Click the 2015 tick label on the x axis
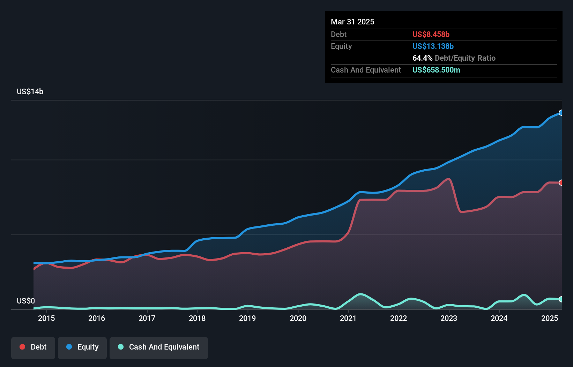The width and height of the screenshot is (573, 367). [46, 318]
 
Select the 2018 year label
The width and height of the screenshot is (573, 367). [197, 318]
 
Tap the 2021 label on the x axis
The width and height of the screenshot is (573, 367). [348, 318]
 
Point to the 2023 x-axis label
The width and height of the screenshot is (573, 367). [449, 318]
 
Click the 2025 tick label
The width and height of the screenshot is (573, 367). [550, 318]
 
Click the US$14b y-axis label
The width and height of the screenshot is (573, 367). [30, 91]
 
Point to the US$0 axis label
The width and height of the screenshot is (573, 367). [26, 301]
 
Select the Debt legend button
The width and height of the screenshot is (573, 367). [33, 347]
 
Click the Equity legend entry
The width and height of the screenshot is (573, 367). [82, 347]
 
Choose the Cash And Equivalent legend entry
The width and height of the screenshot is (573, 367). [159, 347]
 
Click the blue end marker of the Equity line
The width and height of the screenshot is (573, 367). [561, 113]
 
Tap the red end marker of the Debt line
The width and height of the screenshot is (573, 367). [561, 183]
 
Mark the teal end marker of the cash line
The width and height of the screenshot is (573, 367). [561, 299]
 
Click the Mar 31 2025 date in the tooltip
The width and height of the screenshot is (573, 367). [352, 22]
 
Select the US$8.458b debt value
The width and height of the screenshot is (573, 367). [431, 34]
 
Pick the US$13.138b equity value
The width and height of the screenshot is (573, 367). [433, 46]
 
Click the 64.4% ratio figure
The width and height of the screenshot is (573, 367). [422, 58]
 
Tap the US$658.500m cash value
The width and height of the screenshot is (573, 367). [436, 70]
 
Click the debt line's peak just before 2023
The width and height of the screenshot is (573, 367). [449, 179]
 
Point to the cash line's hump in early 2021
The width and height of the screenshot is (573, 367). [360, 294]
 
